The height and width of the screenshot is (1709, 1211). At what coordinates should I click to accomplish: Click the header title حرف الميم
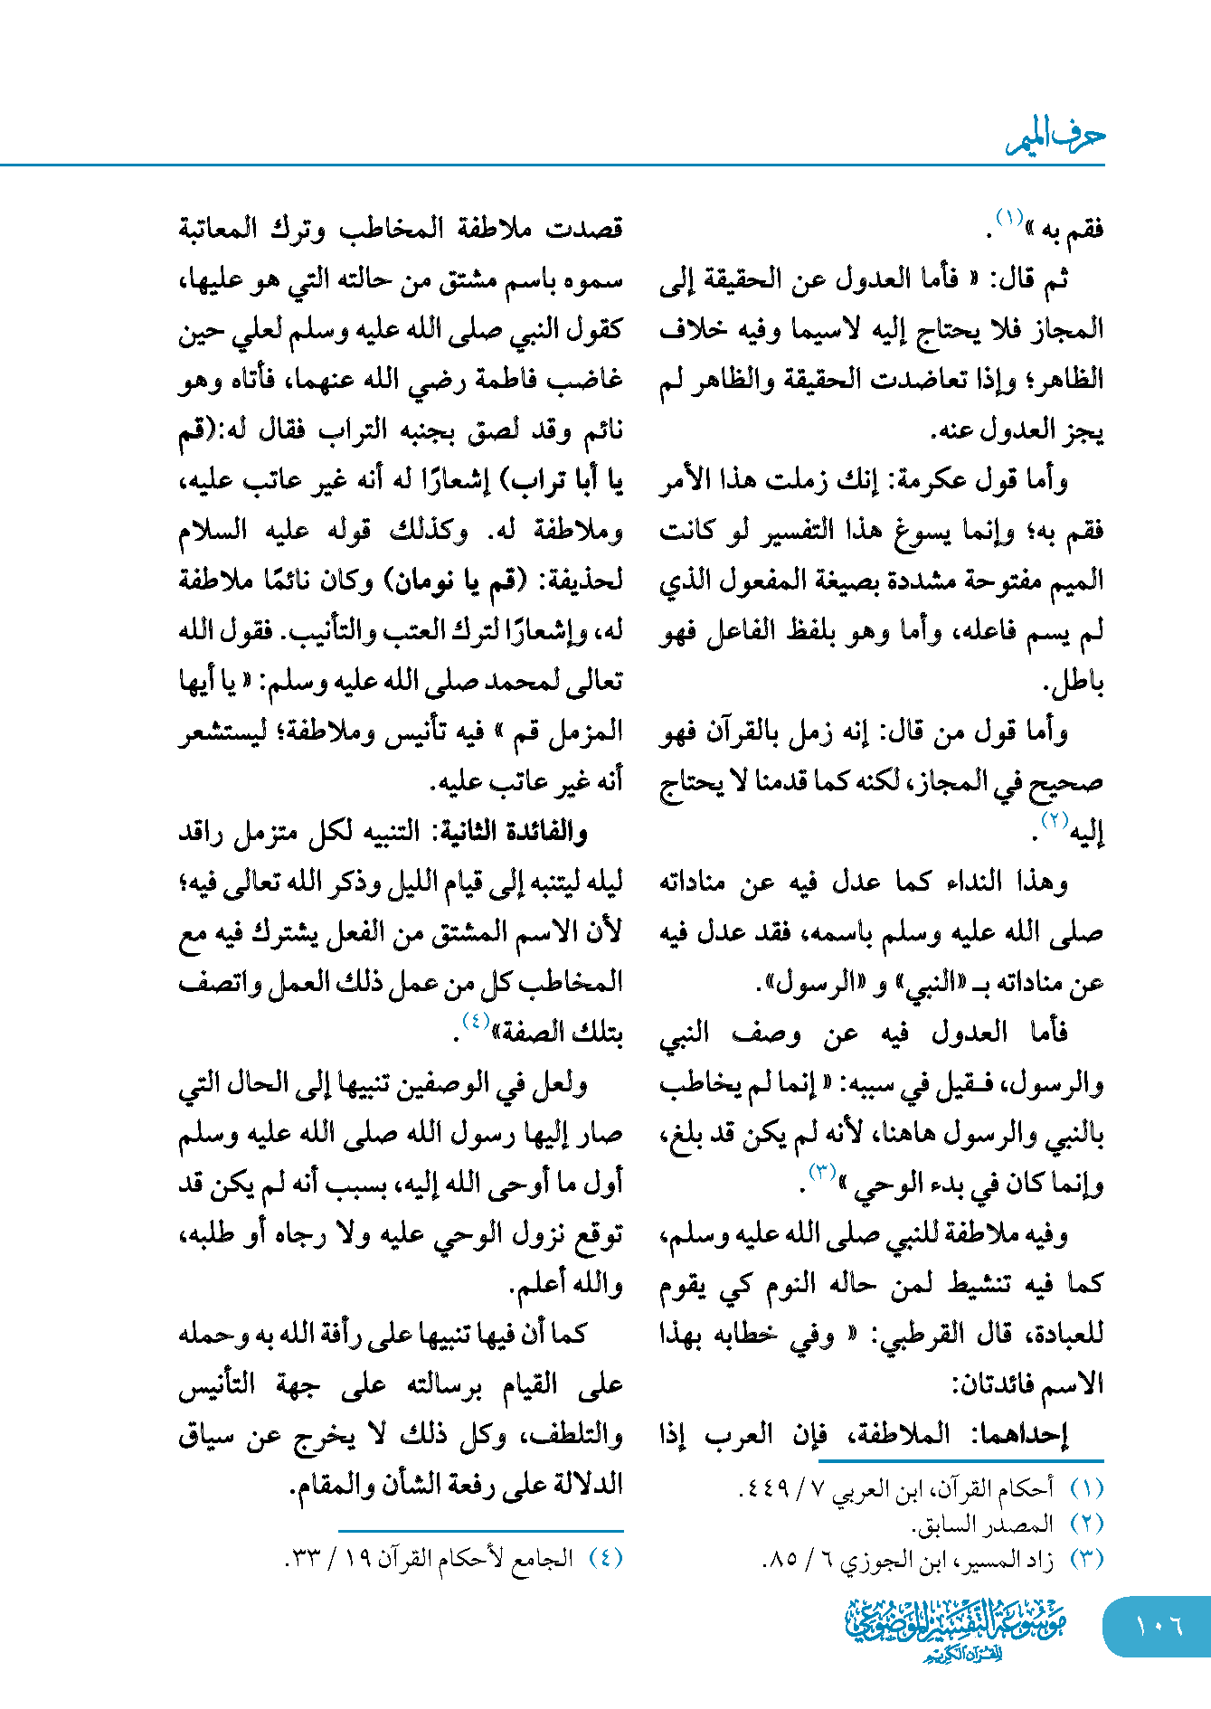click(x=1055, y=138)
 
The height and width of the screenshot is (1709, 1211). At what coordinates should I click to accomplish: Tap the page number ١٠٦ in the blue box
click(x=1159, y=1626)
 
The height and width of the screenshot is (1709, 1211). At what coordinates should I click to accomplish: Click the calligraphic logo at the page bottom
click(x=956, y=1629)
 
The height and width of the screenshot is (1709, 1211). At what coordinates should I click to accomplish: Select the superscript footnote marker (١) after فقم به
click(x=1008, y=217)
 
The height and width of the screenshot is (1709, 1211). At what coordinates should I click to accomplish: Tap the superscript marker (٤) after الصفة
click(x=476, y=1021)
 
